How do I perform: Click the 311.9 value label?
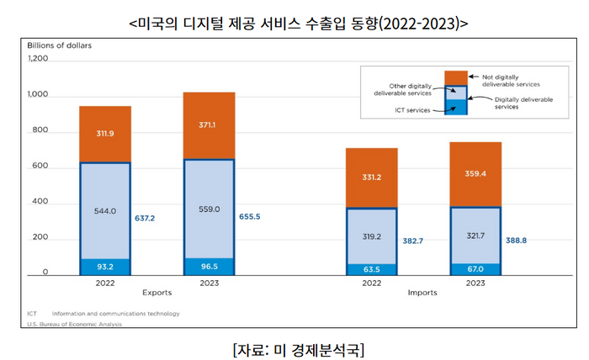(x=105, y=134)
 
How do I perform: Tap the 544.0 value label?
(x=105, y=211)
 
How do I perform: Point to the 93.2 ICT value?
(x=105, y=267)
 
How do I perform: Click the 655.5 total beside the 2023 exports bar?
(x=251, y=217)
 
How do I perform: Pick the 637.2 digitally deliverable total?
(x=145, y=218)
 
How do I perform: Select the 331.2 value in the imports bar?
(x=372, y=177)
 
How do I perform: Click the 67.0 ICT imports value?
(x=475, y=269)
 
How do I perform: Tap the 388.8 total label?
(x=517, y=241)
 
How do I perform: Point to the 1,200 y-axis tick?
(x=40, y=60)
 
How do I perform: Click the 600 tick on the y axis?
(x=42, y=167)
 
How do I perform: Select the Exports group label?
(x=157, y=294)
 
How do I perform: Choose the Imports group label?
(x=422, y=294)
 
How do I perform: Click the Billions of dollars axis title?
(x=59, y=45)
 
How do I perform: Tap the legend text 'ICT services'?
(x=413, y=110)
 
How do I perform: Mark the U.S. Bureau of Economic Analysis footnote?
(x=74, y=324)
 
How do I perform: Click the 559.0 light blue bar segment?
(x=210, y=209)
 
